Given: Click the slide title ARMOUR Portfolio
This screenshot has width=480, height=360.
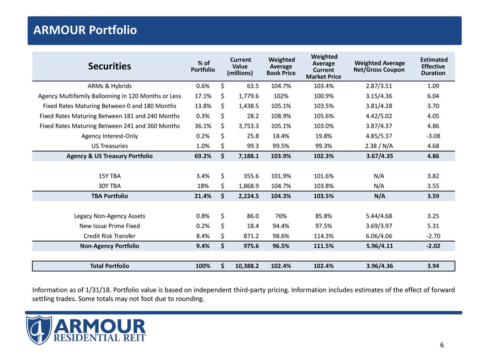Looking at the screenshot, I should pyautogui.click(x=85, y=30).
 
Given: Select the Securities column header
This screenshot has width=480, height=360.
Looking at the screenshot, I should pyautogui.click(x=109, y=66).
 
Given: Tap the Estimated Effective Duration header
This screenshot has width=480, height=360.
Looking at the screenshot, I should pyautogui.click(x=433, y=66).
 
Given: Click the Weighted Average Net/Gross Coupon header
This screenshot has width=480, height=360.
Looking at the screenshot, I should pyautogui.click(x=379, y=66).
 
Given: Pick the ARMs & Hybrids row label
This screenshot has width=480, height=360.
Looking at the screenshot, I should pyautogui.click(x=109, y=86).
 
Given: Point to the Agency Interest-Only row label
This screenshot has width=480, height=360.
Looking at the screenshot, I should pyautogui.click(x=109, y=136).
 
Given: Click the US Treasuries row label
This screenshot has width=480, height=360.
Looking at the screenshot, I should pyautogui.click(x=109, y=146).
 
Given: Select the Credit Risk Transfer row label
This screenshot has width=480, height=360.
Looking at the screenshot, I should pyautogui.click(x=109, y=236).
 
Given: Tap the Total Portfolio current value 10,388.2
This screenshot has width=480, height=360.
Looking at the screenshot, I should pyautogui.click(x=247, y=266).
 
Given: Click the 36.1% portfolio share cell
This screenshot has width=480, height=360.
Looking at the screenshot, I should pyautogui.click(x=203, y=126).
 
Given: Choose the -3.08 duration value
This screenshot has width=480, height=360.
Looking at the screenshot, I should pyautogui.click(x=433, y=136).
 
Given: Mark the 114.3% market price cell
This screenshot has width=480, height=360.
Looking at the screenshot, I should pyautogui.click(x=323, y=236).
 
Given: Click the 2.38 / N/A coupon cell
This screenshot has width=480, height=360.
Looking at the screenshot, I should pyautogui.click(x=379, y=146).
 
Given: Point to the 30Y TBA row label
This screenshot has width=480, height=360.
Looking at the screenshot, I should pyautogui.click(x=109, y=186).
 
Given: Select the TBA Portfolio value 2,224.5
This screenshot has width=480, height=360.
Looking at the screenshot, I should pyautogui.click(x=248, y=196).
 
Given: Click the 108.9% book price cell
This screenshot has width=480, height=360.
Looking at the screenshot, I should pyautogui.click(x=280, y=116).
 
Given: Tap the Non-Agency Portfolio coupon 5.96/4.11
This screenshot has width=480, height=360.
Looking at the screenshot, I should pyautogui.click(x=379, y=246).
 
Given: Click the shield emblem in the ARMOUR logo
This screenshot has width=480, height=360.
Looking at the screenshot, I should pyautogui.click(x=38, y=330).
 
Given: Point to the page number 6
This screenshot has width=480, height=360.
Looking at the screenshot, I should pyautogui.click(x=442, y=345).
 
